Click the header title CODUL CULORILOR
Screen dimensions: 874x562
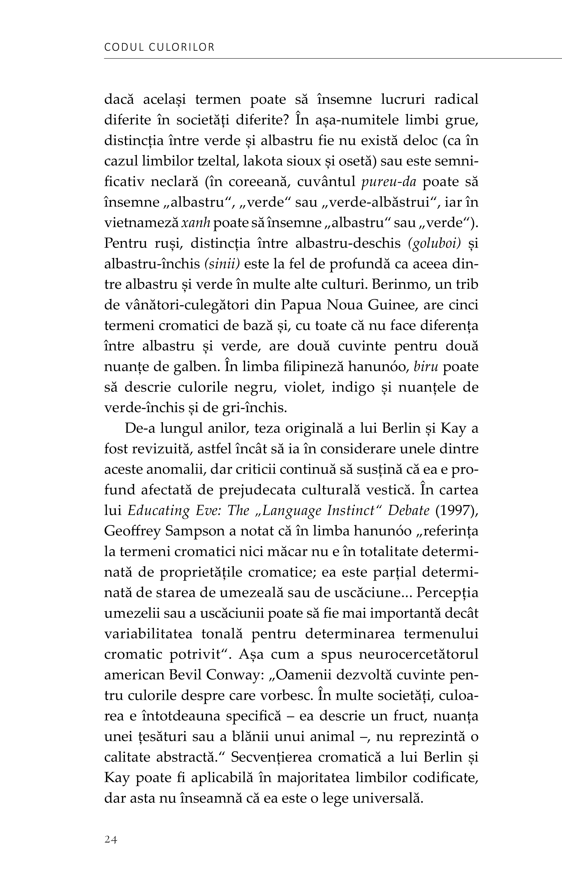pyautogui.click(x=159, y=47)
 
